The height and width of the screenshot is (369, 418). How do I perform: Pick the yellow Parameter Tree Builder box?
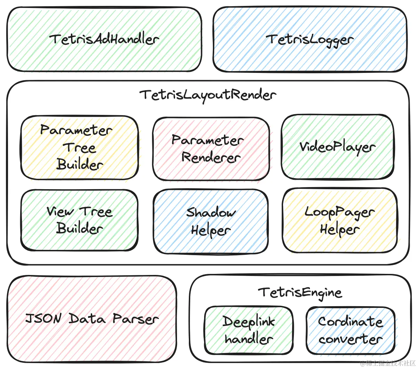click(x=79, y=148)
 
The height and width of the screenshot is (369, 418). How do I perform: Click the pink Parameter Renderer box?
click(x=211, y=149)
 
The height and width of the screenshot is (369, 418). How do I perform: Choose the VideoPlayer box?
click(x=337, y=147)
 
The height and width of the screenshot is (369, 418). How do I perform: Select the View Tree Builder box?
click(x=79, y=220)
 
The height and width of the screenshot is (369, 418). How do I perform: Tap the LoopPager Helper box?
click(x=339, y=220)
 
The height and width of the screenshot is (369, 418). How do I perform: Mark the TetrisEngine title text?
click(x=300, y=293)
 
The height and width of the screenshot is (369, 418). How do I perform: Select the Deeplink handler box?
click(x=249, y=330)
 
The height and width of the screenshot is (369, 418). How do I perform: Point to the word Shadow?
click(x=211, y=212)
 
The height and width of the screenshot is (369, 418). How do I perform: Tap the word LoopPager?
click(x=339, y=212)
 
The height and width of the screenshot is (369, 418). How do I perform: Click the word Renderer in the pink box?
click(x=211, y=158)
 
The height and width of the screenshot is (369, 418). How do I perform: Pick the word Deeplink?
click(x=249, y=322)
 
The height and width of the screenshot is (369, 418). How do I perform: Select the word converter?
click(x=351, y=339)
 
